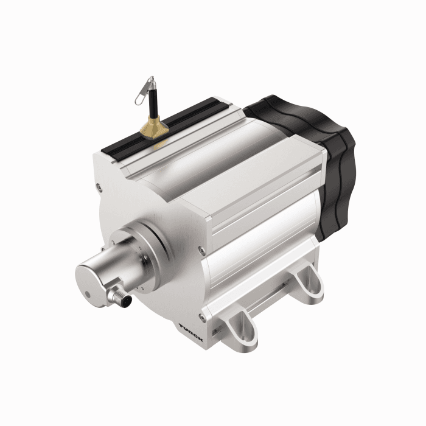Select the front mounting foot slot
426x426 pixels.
(237, 325)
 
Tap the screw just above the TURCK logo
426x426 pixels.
(200, 316)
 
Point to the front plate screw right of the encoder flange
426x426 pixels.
(198, 248)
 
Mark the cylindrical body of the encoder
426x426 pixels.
(113, 268)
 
